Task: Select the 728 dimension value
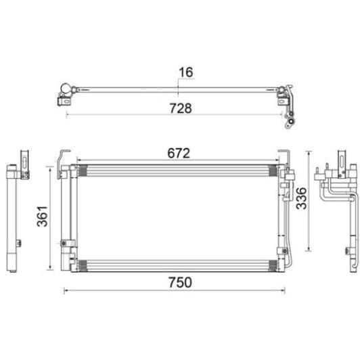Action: (180, 108)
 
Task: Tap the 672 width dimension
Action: (178, 153)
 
